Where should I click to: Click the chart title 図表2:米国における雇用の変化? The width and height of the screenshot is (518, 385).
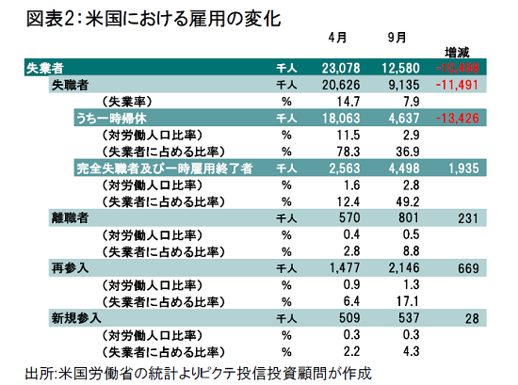pyautogui.click(x=154, y=19)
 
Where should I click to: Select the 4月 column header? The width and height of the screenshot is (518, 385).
pyautogui.click(x=337, y=38)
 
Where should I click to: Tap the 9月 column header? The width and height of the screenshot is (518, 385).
pyautogui.click(x=397, y=38)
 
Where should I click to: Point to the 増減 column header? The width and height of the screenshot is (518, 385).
pyautogui.click(x=457, y=52)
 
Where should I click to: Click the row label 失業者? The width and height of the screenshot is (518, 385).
pyautogui.click(x=44, y=68)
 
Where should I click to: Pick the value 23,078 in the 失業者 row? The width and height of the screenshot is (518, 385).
pyautogui.click(x=341, y=68)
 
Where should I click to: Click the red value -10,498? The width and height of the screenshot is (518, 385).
pyautogui.click(x=457, y=68)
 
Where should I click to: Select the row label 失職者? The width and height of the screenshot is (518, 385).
pyautogui.click(x=70, y=85)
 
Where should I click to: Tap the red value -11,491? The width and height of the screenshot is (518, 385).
pyautogui.click(x=457, y=85)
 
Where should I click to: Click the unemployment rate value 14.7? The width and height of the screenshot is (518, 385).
pyautogui.click(x=348, y=102)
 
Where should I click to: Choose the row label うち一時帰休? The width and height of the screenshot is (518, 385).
pyautogui.click(x=112, y=119)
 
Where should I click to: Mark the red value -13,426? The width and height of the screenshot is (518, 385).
pyautogui.click(x=457, y=119)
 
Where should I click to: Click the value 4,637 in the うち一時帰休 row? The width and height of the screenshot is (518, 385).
pyautogui.click(x=404, y=119)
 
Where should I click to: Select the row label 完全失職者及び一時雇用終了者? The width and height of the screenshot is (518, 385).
pyautogui.click(x=165, y=168)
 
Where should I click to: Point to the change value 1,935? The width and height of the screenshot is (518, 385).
pyautogui.click(x=463, y=168)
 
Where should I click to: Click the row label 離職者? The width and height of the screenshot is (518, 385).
pyautogui.click(x=70, y=218)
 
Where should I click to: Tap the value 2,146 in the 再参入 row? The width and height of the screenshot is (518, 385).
pyautogui.click(x=404, y=267)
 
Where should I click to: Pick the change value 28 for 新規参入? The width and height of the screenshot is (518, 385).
pyautogui.click(x=472, y=318)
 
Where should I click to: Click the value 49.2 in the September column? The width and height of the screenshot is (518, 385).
pyautogui.click(x=408, y=201)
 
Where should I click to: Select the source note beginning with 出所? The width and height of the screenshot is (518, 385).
pyautogui.click(x=198, y=374)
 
